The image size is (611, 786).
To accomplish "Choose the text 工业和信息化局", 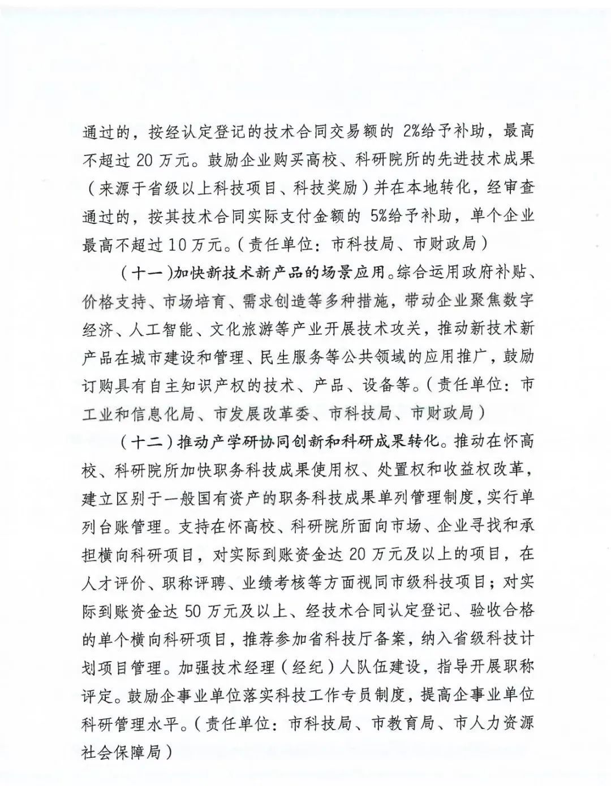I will pyautogui.click(x=138, y=413).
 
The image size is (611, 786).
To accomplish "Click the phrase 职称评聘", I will pyautogui.click(x=190, y=582).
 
